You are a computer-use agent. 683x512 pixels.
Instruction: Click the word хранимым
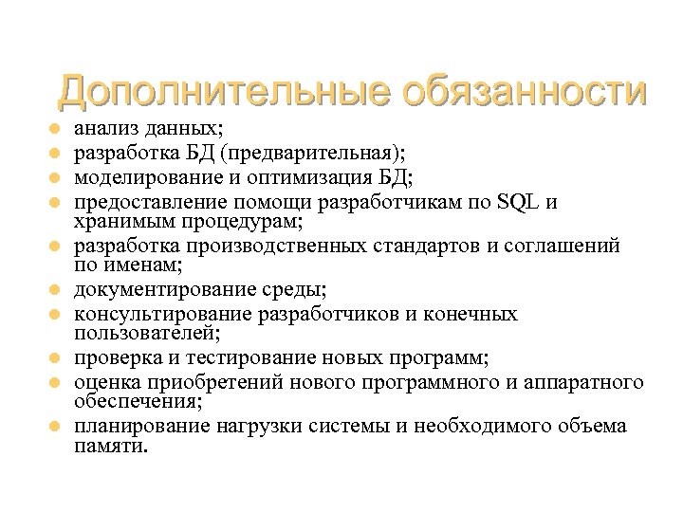(118, 222)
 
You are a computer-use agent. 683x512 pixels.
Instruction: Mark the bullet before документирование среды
(56, 290)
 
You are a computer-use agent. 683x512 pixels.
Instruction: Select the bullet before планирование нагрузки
(56, 427)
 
